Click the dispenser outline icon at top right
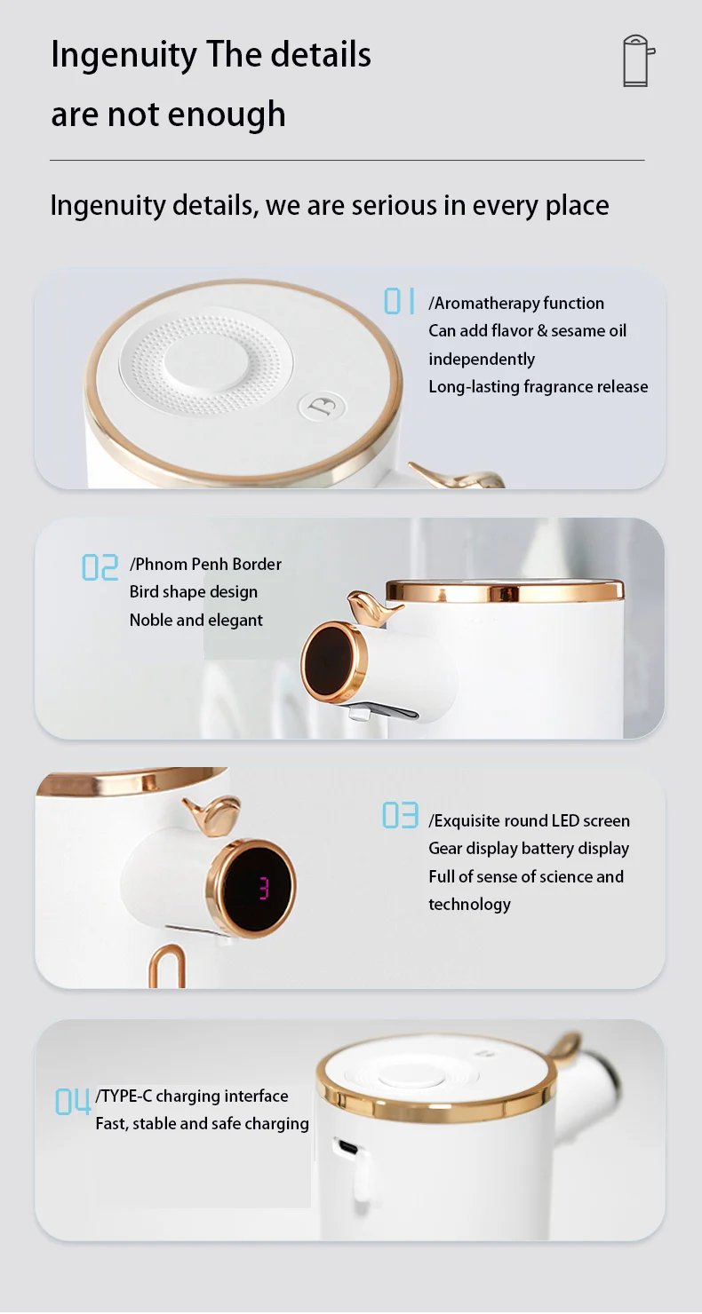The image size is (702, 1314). click(639, 61)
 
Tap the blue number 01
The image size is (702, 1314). click(400, 301)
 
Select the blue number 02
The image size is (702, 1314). click(100, 567)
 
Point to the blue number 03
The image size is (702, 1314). click(400, 815)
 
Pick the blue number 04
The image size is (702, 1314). click(73, 1101)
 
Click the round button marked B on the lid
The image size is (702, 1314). click(323, 407)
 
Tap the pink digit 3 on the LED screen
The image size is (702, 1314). click(264, 888)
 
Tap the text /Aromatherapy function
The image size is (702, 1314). click(516, 304)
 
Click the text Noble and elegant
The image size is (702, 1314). click(196, 620)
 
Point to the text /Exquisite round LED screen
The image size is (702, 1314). click(529, 820)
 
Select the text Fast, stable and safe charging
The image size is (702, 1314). click(202, 1123)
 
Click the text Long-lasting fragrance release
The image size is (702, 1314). click(538, 386)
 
